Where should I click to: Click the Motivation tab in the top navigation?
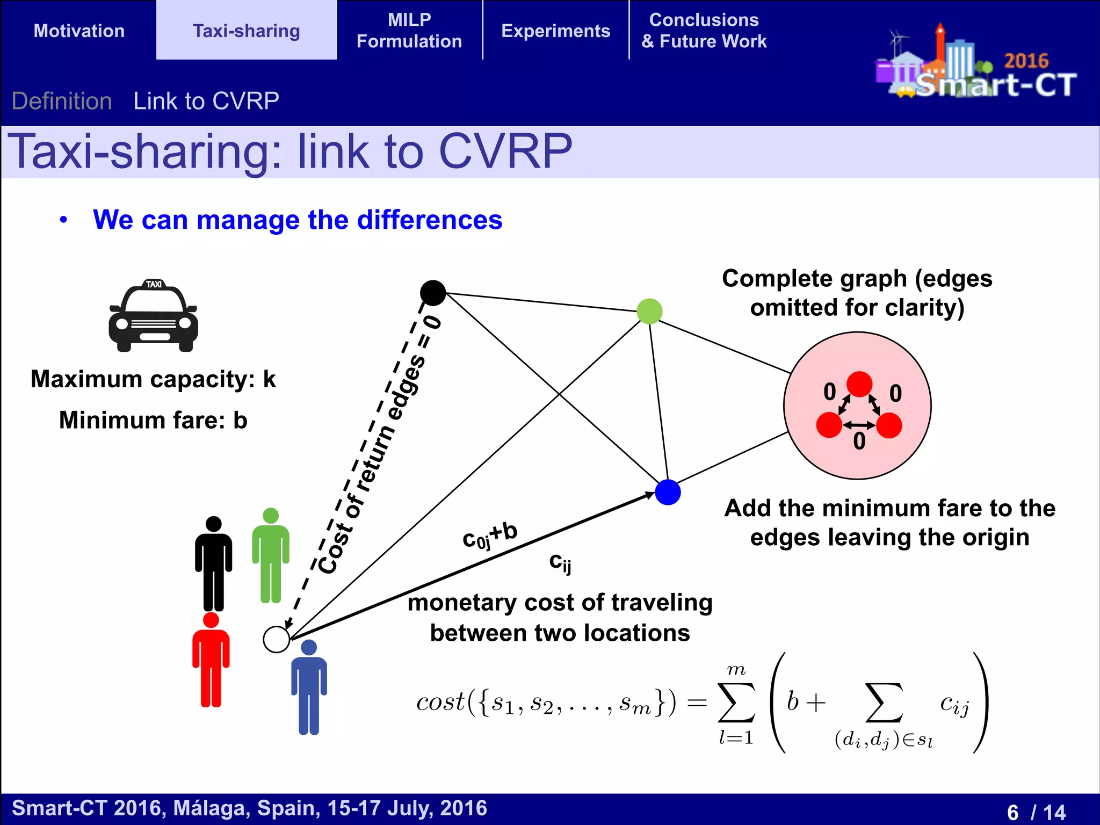[79, 31]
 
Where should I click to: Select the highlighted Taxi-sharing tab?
[246, 31]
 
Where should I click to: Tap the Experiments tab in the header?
[555, 31]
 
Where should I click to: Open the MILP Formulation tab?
[409, 31]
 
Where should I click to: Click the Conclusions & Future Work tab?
[704, 31]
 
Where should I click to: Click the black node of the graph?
[433, 293]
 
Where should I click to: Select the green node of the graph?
[649, 312]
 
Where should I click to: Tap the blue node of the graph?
[668, 492]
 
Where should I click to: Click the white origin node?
[277, 639]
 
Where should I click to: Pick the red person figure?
[211, 661]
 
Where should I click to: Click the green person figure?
[271, 556]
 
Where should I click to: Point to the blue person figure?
[309, 687]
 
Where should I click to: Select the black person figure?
[214, 564]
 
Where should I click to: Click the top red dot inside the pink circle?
[859, 384]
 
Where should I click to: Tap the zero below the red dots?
[859, 442]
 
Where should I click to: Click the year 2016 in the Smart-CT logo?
[1026, 61]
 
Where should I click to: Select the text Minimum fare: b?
[153, 420]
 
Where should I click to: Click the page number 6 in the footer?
[1013, 812]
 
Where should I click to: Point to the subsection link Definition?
[62, 101]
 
